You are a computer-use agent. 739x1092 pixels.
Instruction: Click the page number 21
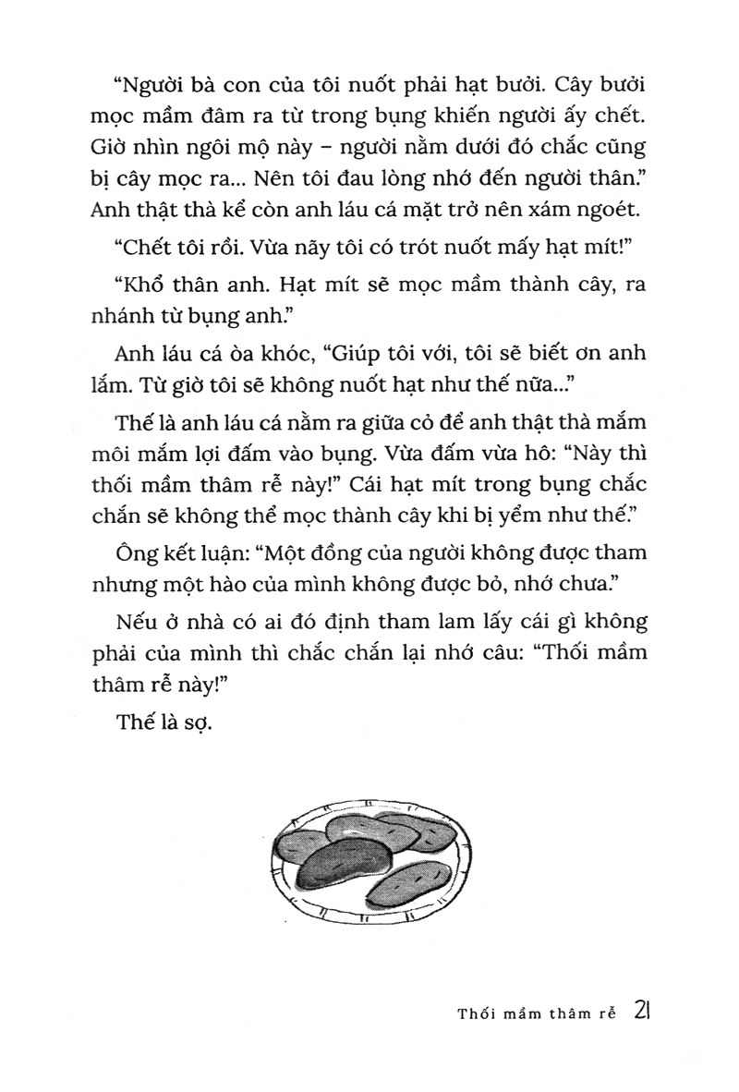click(644, 1010)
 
